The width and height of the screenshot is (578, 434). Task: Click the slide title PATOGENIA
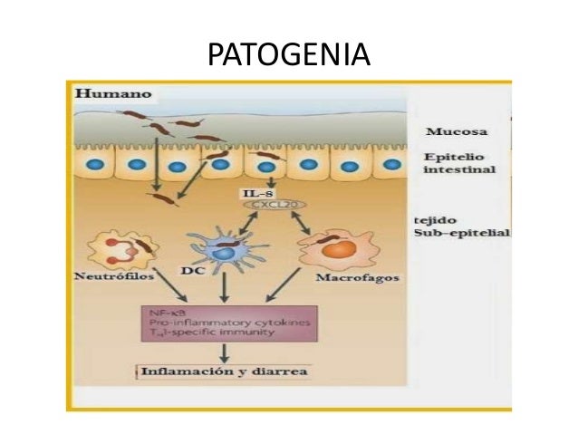(x=289, y=56)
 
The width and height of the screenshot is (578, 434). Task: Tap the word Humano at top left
(x=112, y=93)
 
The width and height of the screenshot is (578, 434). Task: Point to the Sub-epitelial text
(x=461, y=233)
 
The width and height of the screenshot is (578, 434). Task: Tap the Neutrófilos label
(x=114, y=276)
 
